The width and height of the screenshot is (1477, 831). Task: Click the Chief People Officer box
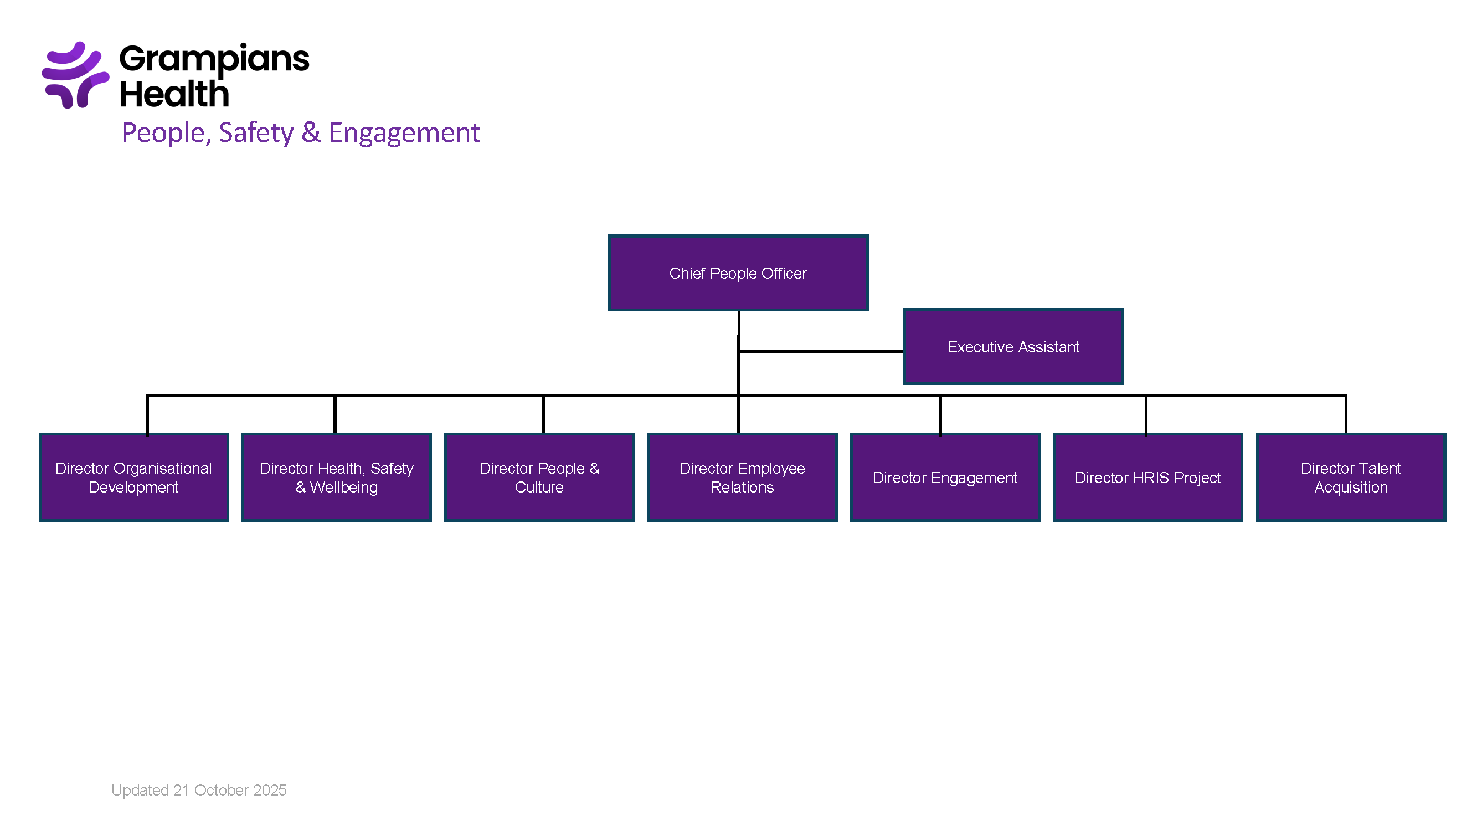[x=738, y=273]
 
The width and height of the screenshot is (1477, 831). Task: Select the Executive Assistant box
[x=1013, y=346]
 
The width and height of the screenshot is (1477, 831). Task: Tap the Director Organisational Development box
[x=133, y=477]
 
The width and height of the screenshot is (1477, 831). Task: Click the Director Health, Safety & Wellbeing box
[x=337, y=477]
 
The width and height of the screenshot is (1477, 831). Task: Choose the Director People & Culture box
[x=539, y=477]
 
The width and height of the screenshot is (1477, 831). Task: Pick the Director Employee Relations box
[x=742, y=477]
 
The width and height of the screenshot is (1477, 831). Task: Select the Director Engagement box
[x=945, y=477]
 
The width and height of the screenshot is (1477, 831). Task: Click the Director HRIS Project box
[x=1148, y=477]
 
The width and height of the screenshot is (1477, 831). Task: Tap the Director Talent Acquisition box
[x=1351, y=477]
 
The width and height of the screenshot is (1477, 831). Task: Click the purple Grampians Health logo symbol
[x=75, y=75]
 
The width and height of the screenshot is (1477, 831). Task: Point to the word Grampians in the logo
[x=214, y=59]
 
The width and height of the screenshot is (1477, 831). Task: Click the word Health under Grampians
[x=174, y=94]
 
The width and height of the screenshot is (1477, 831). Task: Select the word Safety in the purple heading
[x=256, y=132]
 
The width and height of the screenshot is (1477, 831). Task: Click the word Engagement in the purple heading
[x=404, y=132]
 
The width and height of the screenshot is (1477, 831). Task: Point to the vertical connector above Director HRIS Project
[x=1146, y=414]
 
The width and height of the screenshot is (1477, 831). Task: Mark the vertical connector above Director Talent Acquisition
[x=1346, y=414]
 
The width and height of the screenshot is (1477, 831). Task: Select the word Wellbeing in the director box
[x=344, y=488]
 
